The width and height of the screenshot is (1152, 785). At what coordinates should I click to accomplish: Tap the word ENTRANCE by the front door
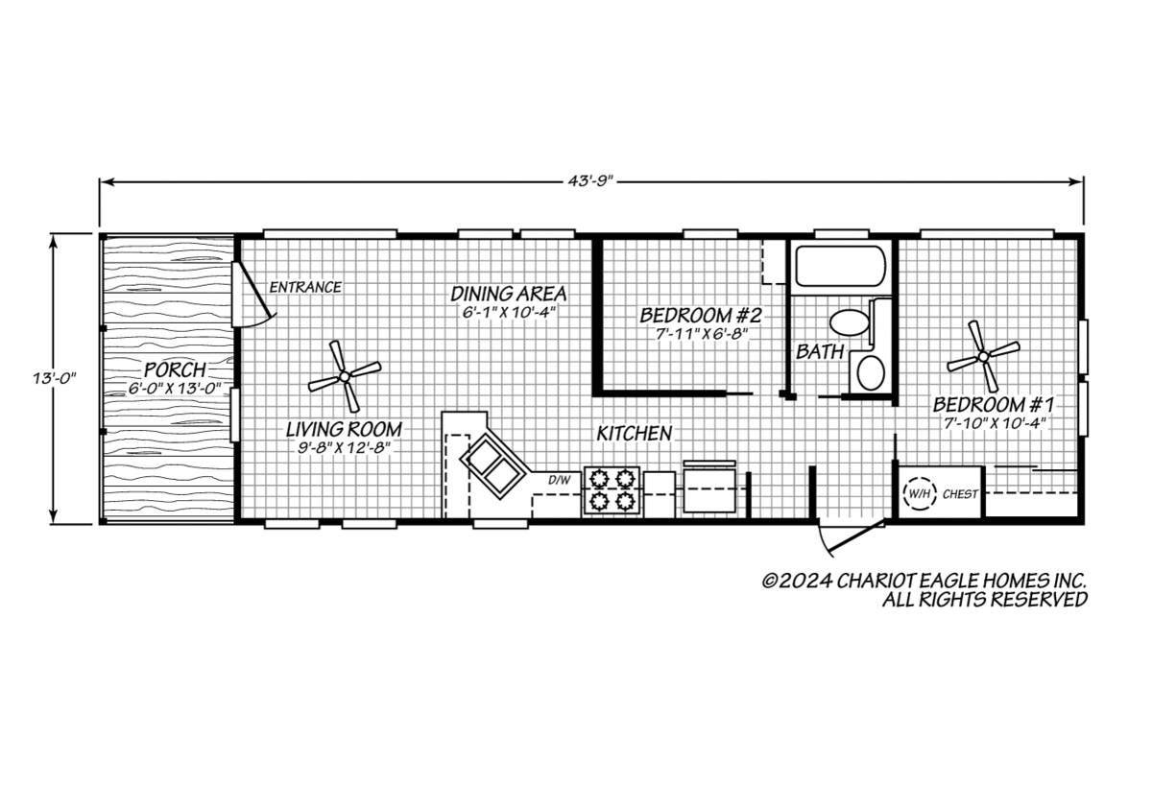pos(305,287)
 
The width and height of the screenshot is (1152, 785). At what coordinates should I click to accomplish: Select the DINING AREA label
pos(509,294)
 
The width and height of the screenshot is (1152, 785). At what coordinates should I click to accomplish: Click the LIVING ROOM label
pos(344,429)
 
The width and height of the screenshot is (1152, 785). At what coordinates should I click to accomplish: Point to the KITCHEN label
pos(635,434)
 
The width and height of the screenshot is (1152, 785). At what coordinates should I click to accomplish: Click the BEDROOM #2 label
pos(701,315)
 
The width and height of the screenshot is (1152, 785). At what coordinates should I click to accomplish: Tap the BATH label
pos(820,351)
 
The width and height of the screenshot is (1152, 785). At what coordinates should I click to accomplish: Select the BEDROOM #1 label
pos(994,405)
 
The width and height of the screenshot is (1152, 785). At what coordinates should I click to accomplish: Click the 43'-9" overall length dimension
pos(591,181)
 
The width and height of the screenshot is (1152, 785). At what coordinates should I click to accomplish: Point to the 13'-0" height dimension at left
pos(55,379)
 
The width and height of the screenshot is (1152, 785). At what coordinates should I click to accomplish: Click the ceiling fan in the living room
pos(345,377)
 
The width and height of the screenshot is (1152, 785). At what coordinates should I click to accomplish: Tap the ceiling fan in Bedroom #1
pos(983,356)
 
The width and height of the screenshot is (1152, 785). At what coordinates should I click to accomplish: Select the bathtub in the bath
pos(841,266)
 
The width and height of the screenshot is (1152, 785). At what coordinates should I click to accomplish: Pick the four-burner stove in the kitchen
pos(612,490)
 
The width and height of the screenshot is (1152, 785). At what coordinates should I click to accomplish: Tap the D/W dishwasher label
pos(560,480)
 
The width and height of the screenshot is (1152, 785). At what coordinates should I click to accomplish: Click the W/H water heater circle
pos(920,494)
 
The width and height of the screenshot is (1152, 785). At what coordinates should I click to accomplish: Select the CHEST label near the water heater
pos(960,494)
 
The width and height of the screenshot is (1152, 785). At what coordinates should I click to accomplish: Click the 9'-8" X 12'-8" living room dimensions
pos(344,448)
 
